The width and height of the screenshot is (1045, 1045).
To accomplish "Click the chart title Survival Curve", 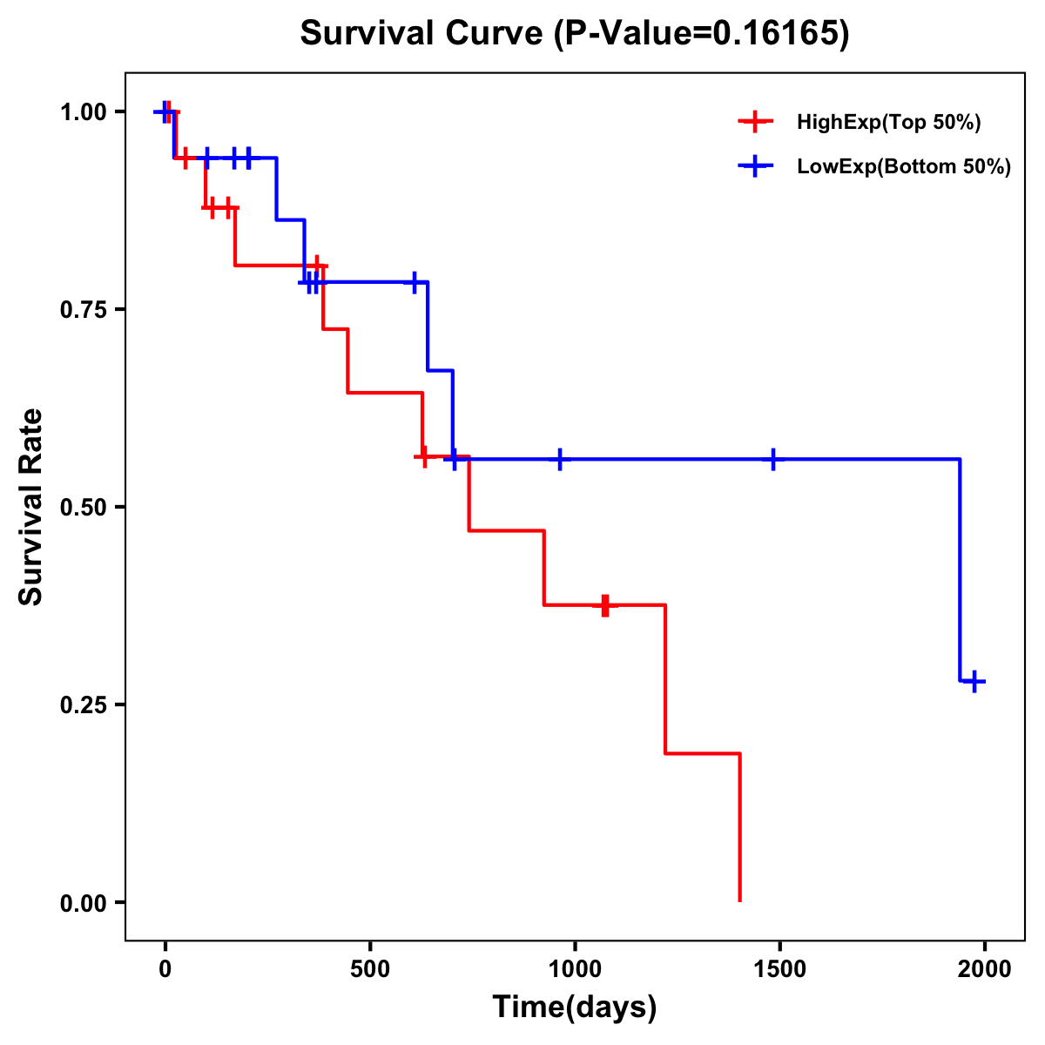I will [x=423, y=34].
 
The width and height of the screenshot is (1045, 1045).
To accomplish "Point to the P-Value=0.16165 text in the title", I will [x=704, y=34].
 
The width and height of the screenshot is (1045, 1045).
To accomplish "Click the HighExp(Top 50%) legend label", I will [x=888, y=123].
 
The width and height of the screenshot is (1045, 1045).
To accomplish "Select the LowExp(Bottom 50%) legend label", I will [x=904, y=167].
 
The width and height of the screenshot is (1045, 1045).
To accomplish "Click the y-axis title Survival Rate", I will [x=31, y=507].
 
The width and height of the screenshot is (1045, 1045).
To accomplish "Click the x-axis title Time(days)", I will [x=575, y=1007].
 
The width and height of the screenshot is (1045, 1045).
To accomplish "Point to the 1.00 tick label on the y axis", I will [x=82, y=112].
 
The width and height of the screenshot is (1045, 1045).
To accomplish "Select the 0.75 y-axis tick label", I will [x=82, y=310].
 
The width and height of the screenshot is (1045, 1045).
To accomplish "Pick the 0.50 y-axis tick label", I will [x=82, y=508].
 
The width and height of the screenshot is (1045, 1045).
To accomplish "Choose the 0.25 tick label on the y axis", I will [x=82, y=705].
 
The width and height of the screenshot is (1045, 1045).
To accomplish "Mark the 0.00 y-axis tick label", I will [x=82, y=903].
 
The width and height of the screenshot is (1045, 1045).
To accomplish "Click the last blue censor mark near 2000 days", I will [x=975, y=681].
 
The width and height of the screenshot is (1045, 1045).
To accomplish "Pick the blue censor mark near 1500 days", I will [x=773, y=459].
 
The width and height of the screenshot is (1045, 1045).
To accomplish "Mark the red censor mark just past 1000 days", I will [x=604, y=605].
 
